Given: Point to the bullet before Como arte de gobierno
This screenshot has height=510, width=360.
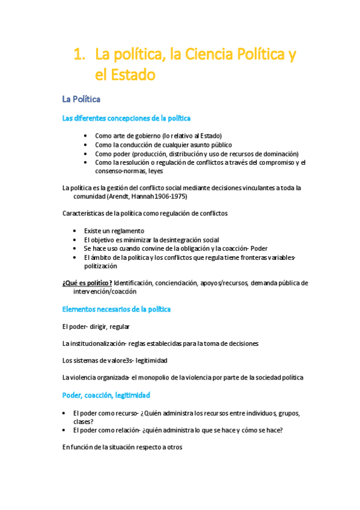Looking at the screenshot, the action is (x=87, y=135).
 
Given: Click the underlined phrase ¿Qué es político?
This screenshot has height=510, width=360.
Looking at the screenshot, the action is (x=87, y=283).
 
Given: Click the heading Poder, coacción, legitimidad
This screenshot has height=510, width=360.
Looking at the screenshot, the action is (x=106, y=395).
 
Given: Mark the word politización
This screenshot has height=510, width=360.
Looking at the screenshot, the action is (x=101, y=266).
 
